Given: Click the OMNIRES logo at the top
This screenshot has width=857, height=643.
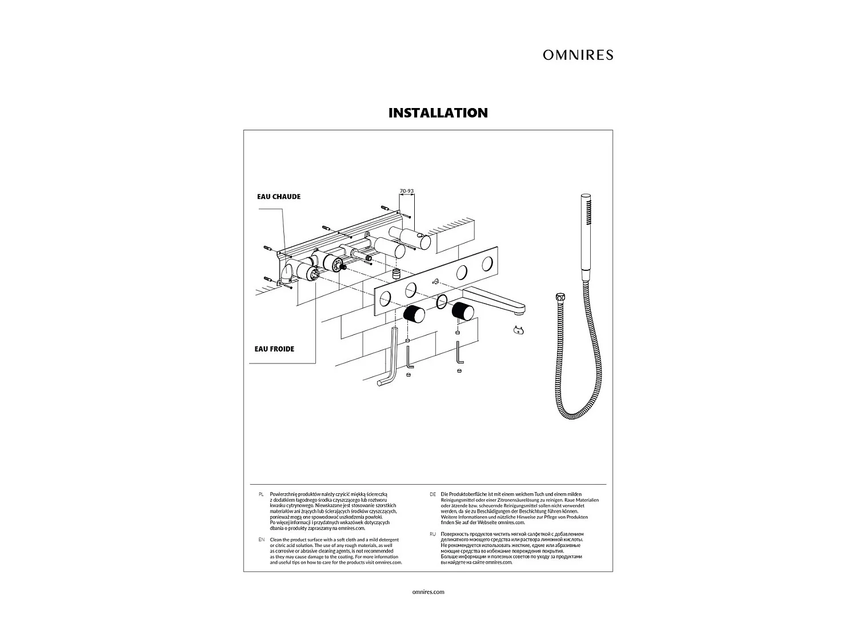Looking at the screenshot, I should click(578, 55).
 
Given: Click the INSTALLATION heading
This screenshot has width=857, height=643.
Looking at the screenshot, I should click(438, 113).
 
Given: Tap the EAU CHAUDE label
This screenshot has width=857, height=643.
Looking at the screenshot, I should click(278, 197).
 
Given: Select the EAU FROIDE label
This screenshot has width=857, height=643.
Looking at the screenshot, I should click(274, 349).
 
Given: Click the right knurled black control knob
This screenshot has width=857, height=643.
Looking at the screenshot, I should click(463, 311).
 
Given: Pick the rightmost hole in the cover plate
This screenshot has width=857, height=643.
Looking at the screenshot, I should click(488, 263).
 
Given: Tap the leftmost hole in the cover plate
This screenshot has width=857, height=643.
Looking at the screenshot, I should click(386, 297).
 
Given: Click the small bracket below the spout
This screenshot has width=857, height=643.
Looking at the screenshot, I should click(519, 329).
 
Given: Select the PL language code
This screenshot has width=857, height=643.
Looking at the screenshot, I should click(261, 493).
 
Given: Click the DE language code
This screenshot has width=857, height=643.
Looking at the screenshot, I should click(432, 493).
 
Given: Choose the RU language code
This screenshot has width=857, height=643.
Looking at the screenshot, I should click(432, 533).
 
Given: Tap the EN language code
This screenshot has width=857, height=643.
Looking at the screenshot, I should click(261, 540).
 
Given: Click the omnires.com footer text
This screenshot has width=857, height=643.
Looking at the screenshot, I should click(428, 592).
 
